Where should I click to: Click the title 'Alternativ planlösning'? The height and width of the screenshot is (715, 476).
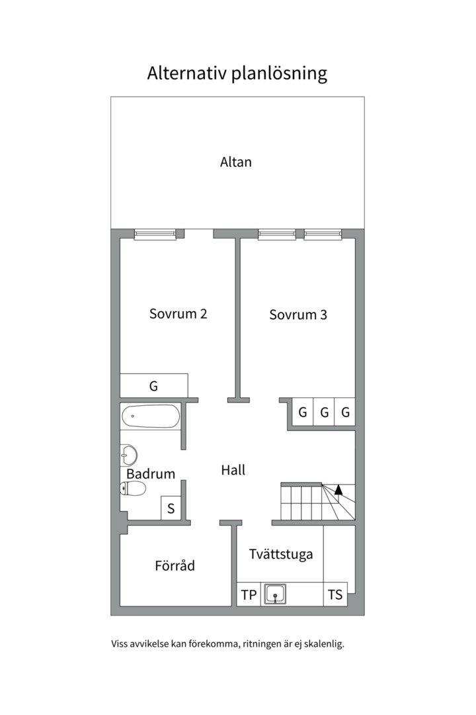[x=237, y=73]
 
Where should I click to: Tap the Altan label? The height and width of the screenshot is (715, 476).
[x=236, y=162]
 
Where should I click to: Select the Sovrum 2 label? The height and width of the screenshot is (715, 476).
[x=178, y=314]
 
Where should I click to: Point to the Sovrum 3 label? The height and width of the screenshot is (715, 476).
[x=298, y=315]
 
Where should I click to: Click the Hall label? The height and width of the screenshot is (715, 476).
[x=233, y=470]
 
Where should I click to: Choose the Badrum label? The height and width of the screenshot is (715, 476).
[x=151, y=474]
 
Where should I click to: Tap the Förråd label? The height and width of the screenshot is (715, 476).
[x=175, y=566]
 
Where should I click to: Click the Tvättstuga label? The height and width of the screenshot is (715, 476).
[x=280, y=555]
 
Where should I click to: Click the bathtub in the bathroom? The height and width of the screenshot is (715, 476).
[x=150, y=416]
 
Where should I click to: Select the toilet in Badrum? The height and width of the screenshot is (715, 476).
[x=134, y=489]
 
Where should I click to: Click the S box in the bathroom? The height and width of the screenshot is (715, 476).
[x=171, y=508]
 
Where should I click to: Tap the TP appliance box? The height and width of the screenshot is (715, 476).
[x=249, y=595]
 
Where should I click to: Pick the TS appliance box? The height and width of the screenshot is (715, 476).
[x=335, y=595]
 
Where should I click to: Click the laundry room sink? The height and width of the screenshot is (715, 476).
[x=275, y=594]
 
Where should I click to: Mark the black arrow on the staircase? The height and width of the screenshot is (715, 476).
[x=338, y=490]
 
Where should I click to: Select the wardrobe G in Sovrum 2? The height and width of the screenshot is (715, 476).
[x=153, y=385]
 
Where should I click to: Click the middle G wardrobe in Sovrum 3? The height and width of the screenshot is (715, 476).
[x=324, y=412]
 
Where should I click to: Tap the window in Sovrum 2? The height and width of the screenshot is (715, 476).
[x=155, y=234]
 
